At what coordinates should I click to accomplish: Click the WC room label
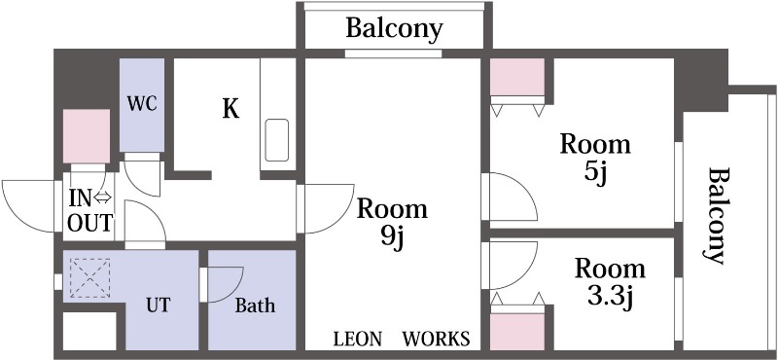(142, 104)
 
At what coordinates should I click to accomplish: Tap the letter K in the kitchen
(230, 109)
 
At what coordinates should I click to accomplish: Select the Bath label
(255, 306)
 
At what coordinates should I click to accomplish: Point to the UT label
(158, 305)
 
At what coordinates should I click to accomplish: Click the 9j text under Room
(393, 238)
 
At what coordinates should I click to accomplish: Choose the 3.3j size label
(610, 298)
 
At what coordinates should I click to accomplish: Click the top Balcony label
(394, 28)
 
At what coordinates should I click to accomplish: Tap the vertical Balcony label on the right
(718, 215)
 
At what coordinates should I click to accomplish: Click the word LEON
(358, 340)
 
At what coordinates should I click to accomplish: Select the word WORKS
(436, 340)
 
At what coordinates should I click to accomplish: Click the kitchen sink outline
(277, 140)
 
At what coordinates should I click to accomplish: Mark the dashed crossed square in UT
(89, 278)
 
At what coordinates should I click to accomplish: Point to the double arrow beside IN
(103, 198)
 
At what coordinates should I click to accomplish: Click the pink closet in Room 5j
(517, 77)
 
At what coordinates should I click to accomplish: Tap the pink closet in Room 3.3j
(517, 332)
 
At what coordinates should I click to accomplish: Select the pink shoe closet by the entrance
(87, 136)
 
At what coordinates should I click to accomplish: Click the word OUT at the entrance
(89, 223)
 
